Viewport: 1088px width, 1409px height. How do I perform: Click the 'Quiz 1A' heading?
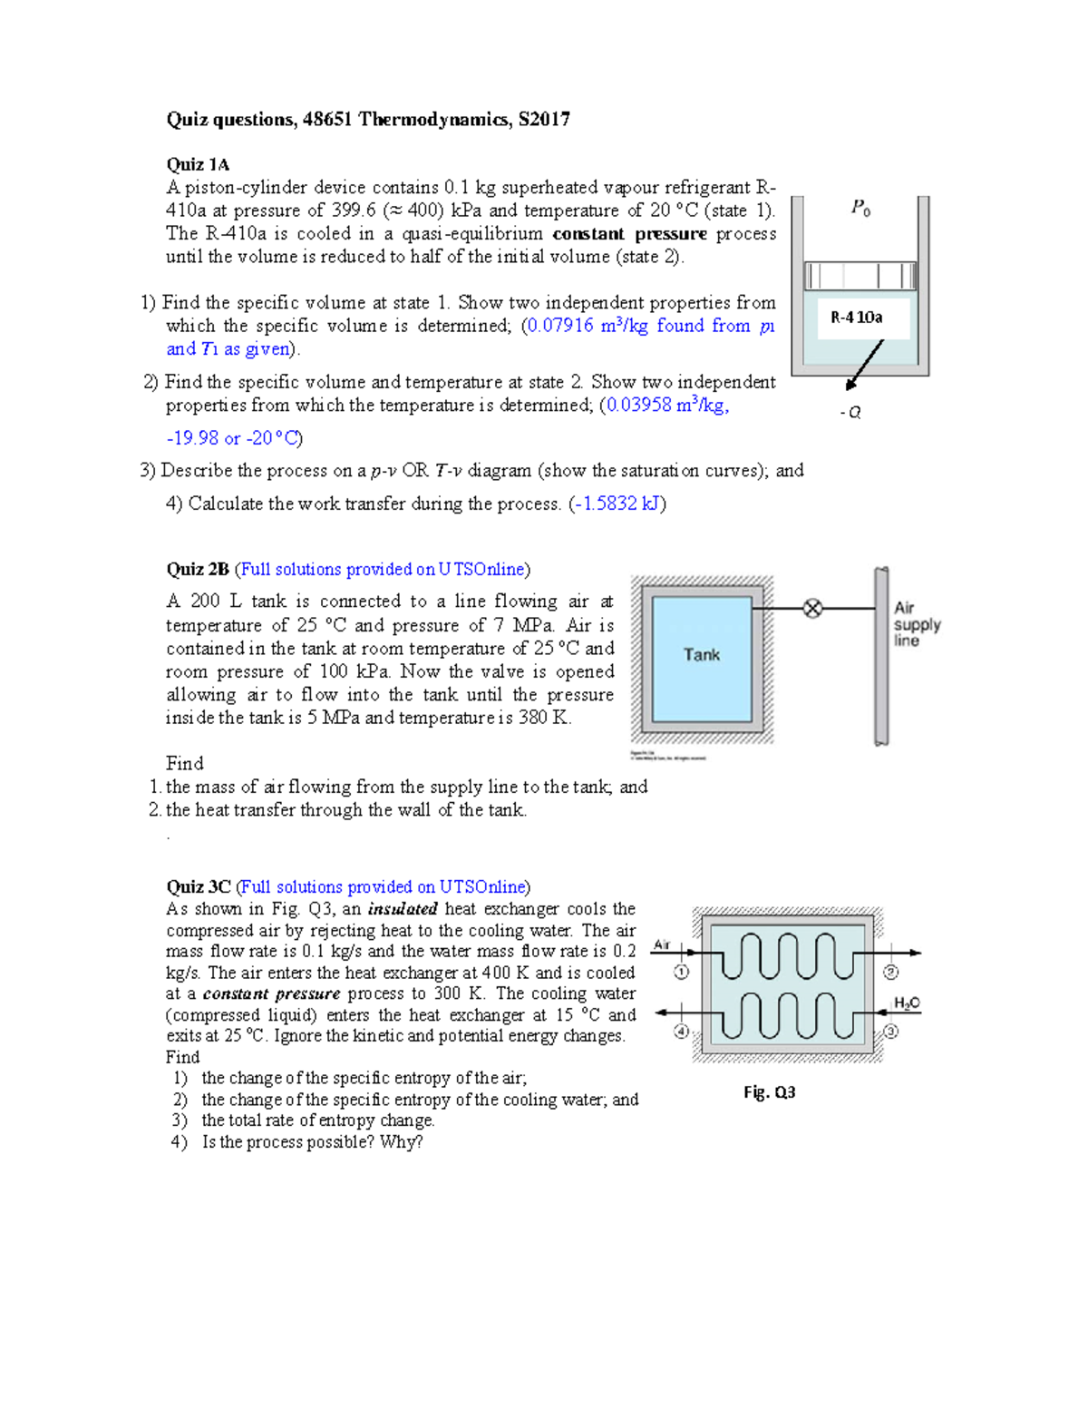click(198, 164)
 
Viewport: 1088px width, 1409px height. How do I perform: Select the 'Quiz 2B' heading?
click(198, 569)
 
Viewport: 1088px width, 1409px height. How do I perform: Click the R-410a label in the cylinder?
click(857, 317)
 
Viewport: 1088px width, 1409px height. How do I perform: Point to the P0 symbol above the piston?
click(860, 209)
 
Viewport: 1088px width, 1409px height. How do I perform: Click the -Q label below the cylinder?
click(850, 412)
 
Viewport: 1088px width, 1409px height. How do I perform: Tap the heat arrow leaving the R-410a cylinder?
click(864, 365)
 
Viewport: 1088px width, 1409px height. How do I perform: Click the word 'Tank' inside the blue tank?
click(702, 654)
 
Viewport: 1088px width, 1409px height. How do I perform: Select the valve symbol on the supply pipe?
click(813, 608)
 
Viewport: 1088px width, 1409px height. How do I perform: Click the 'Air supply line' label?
click(916, 624)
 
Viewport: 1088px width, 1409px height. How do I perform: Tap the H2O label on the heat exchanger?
click(907, 1003)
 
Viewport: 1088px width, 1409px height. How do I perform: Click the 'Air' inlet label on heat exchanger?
click(662, 944)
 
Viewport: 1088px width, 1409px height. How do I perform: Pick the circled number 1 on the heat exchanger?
click(681, 972)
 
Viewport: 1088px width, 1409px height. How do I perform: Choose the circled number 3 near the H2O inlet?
click(890, 1031)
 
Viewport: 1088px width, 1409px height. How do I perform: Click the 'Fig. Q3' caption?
click(769, 1091)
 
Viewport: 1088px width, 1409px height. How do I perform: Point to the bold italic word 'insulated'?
click(403, 908)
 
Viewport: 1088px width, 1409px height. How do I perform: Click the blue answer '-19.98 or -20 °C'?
click(232, 438)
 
